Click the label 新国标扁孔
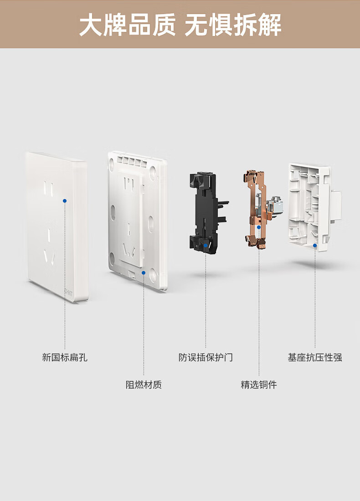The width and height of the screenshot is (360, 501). tap(65, 357)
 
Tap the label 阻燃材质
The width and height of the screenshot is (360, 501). tap(144, 384)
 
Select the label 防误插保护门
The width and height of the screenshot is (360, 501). tap(206, 357)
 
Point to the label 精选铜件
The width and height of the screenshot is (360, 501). tap(259, 384)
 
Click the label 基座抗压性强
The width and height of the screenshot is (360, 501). tap(315, 357)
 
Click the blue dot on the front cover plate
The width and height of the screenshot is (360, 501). tap(65, 201)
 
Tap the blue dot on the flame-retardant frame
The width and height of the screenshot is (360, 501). tap(144, 272)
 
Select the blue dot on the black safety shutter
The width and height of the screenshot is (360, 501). tap(206, 245)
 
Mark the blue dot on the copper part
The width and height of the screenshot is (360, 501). tap(259, 227)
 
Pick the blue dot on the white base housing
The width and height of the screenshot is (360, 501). tap(315, 245)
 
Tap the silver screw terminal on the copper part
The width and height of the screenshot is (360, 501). tap(274, 204)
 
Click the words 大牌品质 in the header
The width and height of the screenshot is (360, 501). tap(127, 25)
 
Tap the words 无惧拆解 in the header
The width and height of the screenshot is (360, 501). tap(233, 25)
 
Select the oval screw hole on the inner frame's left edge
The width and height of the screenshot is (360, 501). tap(113, 211)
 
